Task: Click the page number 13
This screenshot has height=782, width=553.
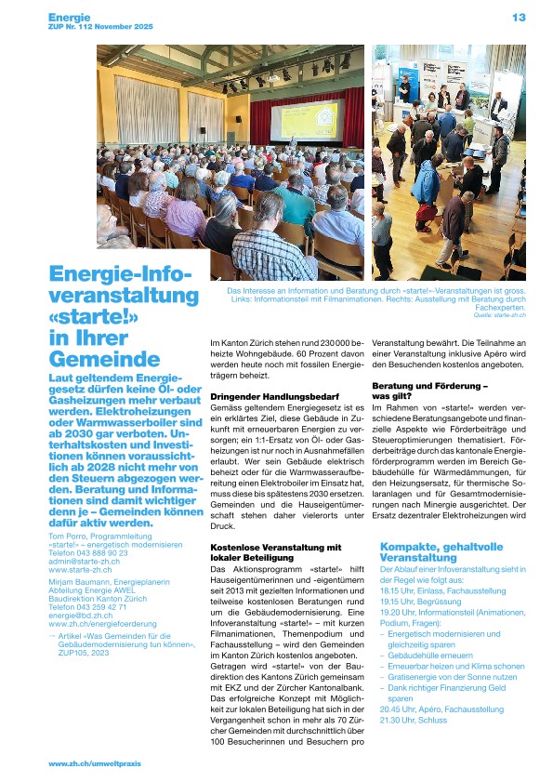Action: click(x=519, y=17)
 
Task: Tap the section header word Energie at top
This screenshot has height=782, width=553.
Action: click(x=70, y=16)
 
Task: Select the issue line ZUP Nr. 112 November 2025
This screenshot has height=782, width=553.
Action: click(x=100, y=28)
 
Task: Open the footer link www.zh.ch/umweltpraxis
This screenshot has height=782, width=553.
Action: click(x=93, y=763)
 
